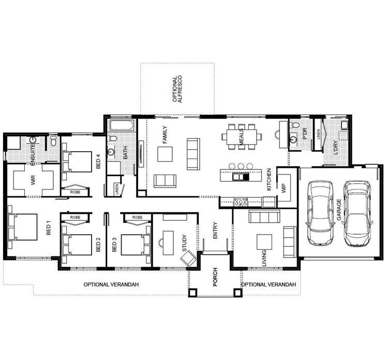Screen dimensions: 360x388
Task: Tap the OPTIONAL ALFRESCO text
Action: tap(176, 88)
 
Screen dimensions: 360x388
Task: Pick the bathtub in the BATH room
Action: tap(121, 125)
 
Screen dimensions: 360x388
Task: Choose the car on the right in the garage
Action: tap(358, 213)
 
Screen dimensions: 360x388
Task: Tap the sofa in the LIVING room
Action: tap(264, 217)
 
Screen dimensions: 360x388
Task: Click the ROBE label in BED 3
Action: tap(137, 218)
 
